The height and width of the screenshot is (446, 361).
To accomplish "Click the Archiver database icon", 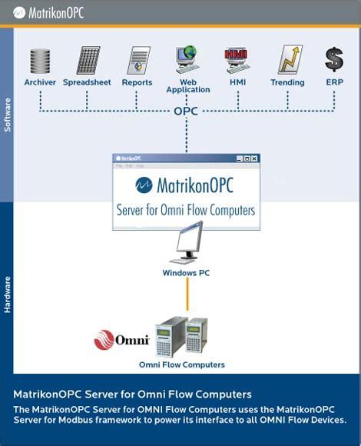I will [x=40, y=61].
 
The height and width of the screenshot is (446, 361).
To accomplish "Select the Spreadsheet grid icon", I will [x=87, y=61].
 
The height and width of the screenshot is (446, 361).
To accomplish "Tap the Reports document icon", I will [x=137, y=61].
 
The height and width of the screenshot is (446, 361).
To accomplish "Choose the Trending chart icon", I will [x=289, y=60].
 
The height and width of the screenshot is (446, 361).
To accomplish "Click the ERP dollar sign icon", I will [x=334, y=60].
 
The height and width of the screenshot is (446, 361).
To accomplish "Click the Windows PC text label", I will [x=186, y=273].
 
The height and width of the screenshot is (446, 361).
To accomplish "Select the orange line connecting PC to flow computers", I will [x=187, y=296].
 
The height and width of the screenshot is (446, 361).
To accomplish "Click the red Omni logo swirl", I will [x=104, y=339].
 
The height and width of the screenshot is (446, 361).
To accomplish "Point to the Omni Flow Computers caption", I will [x=182, y=364].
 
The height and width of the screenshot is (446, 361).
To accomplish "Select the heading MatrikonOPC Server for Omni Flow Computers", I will [x=132, y=394].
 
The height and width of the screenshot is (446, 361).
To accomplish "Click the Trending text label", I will [x=287, y=82].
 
